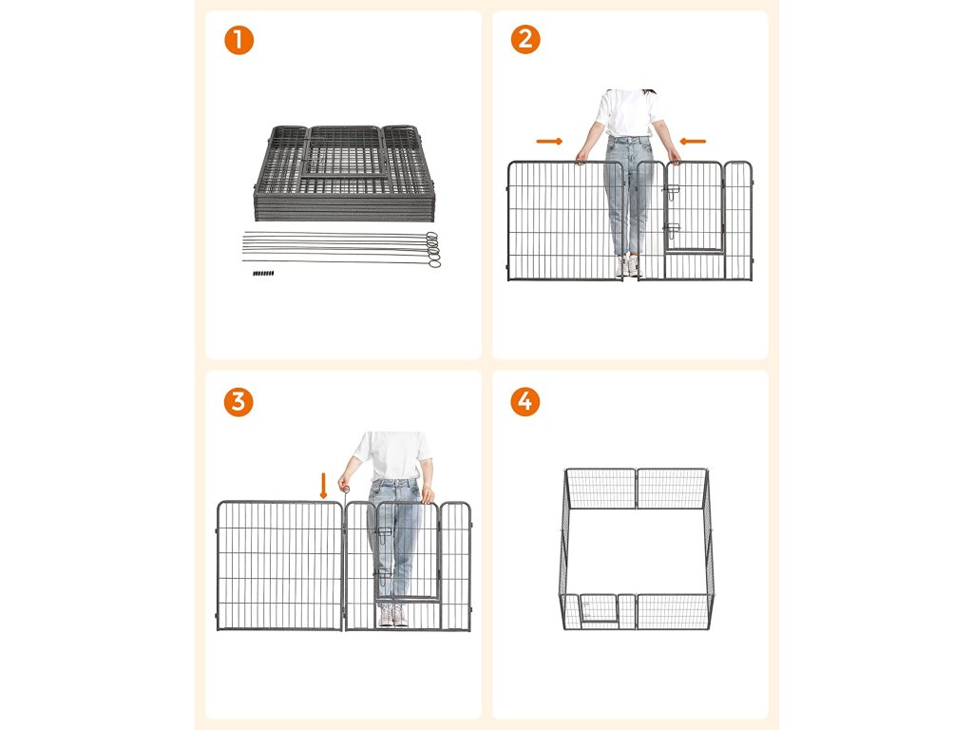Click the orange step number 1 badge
pyautogui.click(x=238, y=40)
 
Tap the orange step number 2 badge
pyautogui.click(x=525, y=39)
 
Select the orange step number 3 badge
pyautogui.click(x=238, y=402)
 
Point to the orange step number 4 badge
pyautogui.click(x=525, y=402)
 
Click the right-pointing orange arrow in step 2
pyautogui.click(x=550, y=142)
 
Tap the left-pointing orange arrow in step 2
pyautogui.click(x=693, y=142)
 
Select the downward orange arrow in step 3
pyautogui.click(x=323, y=486)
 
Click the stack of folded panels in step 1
pyautogui.click(x=344, y=173)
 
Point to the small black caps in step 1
pyautogui.click(x=263, y=273)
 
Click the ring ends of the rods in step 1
pyautogui.click(x=432, y=250)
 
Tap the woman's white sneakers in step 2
pyautogui.click(x=627, y=267)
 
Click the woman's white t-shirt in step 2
pyautogui.click(x=628, y=113)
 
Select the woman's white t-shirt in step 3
pyautogui.click(x=392, y=456)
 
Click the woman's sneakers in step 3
pyautogui.click(x=393, y=616)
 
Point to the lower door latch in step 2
pyautogui.click(x=671, y=229)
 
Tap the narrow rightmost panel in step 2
pyautogui.click(x=738, y=221)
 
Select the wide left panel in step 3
pyautogui.click(x=279, y=566)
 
